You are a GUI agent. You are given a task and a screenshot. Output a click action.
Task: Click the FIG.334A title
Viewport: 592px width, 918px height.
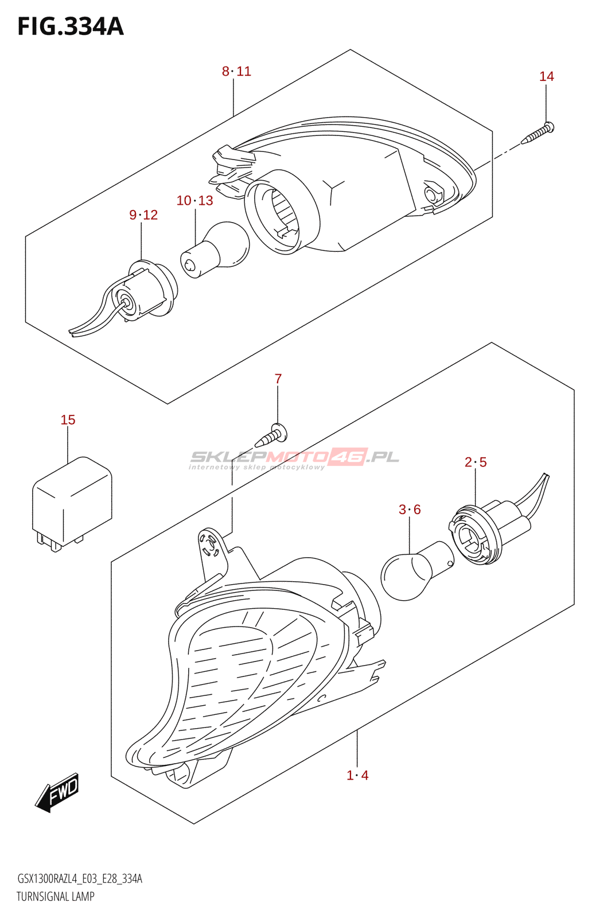[71, 26]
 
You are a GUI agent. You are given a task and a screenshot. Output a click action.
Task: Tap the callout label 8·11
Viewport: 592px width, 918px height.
[236, 71]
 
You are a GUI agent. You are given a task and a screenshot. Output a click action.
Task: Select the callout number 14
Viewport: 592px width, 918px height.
[546, 76]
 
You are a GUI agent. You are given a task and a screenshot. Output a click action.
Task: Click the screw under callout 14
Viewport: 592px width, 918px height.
[538, 133]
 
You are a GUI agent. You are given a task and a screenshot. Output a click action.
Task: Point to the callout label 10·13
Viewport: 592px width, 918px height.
[194, 200]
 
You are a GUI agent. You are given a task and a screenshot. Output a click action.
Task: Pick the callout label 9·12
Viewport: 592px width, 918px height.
[143, 215]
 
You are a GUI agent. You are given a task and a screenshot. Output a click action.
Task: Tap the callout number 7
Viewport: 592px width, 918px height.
[278, 379]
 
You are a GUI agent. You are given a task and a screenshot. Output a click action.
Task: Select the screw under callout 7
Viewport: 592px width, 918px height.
[271, 435]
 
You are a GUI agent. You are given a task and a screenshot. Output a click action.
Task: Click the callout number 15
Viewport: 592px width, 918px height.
[68, 420]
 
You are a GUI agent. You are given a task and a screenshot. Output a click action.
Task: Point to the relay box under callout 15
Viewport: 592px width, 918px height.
[72, 502]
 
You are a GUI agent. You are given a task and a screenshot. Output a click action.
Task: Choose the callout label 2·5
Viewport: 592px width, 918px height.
[475, 462]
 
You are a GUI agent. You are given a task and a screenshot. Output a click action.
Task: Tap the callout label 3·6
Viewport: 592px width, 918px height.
[410, 509]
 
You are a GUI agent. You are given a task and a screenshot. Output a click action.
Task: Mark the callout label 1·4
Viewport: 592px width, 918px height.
[357, 775]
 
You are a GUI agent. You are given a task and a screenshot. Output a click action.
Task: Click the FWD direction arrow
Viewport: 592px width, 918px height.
[57, 792]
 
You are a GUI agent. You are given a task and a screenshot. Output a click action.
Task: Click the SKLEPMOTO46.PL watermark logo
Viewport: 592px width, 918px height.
[294, 458]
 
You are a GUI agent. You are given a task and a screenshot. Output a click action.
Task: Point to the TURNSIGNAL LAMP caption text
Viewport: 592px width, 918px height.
[56, 896]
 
